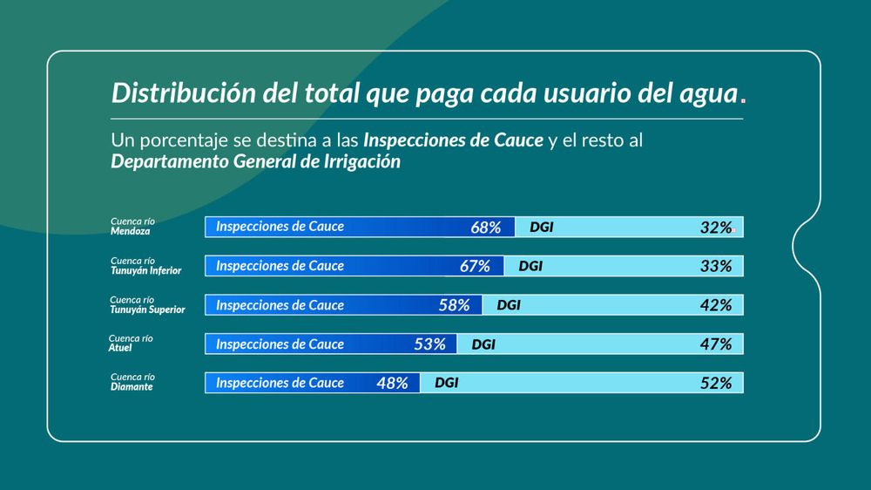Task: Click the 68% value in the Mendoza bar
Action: point(485,228)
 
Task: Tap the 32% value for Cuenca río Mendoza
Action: point(716,228)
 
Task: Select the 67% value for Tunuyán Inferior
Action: point(475,267)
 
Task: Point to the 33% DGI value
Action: point(716,267)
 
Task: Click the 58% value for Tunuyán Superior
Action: point(455,305)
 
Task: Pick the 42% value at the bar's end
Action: point(716,305)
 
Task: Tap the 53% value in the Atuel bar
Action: point(430,344)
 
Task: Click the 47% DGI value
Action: point(716,344)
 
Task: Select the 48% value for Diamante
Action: point(392,384)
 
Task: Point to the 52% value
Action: point(716,384)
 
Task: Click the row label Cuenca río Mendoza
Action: point(132,227)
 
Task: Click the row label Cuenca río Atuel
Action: point(131,344)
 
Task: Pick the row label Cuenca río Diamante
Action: point(132,382)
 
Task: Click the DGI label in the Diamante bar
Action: point(447,384)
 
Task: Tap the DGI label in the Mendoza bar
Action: point(542,228)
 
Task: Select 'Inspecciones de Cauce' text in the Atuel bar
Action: point(280,344)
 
